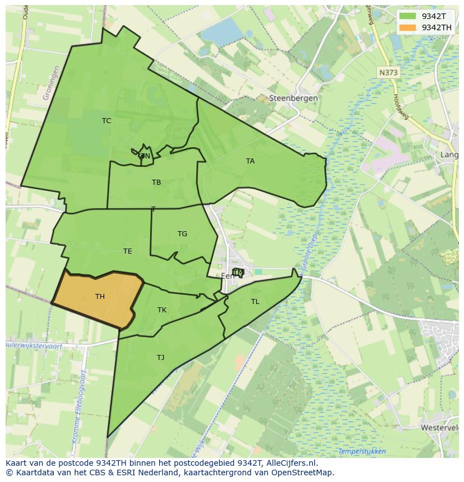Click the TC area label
(106, 121)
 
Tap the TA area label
(250, 161)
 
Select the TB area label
(156, 182)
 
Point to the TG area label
(182, 234)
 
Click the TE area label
(128, 251)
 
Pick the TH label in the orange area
(100, 297)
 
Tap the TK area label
(162, 310)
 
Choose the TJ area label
(160, 358)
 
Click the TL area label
(255, 302)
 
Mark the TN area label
(145, 156)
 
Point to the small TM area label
(238, 273)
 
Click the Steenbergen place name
(294, 98)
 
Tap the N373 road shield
(387, 73)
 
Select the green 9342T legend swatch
(407, 16)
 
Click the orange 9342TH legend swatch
(407, 27)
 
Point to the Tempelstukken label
(362, 451)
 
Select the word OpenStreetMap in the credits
(303, 472)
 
